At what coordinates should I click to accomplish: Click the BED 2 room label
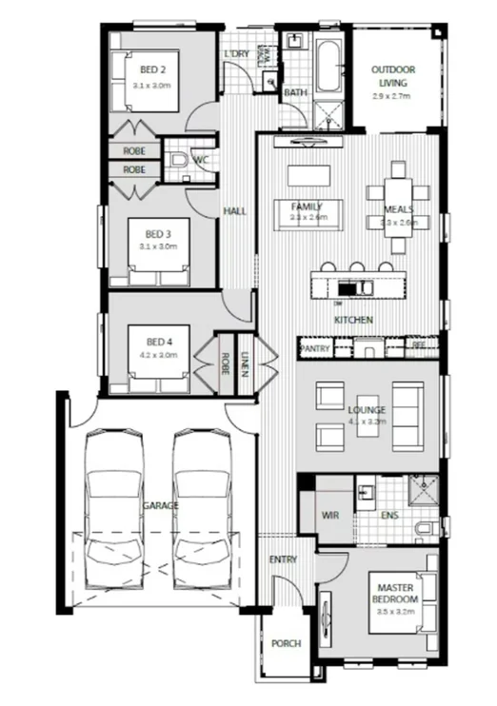coord(153,69)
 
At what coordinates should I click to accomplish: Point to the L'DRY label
coord(236,54)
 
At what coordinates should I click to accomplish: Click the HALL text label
coord(234,210)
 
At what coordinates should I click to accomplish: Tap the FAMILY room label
coord(307,206)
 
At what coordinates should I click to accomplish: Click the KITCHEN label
coord(352,320)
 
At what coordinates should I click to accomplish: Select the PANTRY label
coord(314,349)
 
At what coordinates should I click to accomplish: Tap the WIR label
coord(330,515)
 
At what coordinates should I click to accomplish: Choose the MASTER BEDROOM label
coord(395,594)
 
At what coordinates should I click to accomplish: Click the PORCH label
coord(285,643)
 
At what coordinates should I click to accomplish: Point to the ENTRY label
coord(284,559)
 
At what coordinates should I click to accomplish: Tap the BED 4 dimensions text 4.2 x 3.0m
coord(156,354)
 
